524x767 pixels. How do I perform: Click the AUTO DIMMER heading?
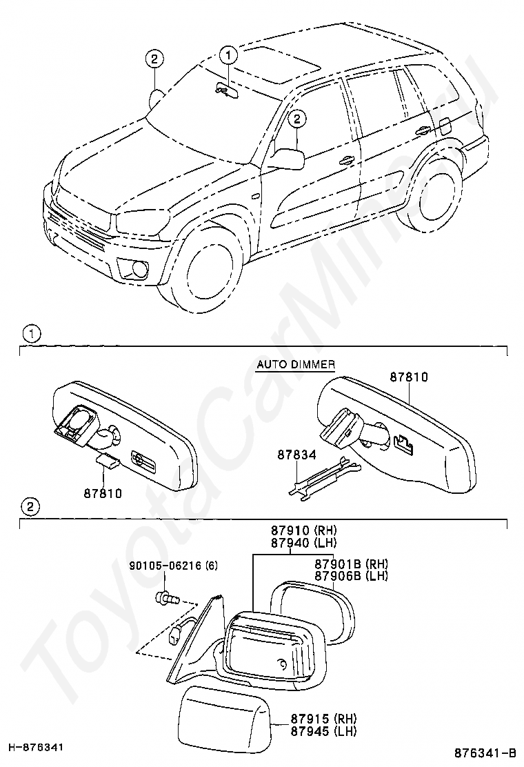click(x=296, y=364)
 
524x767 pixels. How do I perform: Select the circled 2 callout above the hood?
click(x=154, y=59)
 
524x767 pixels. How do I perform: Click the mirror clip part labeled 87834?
click(x=324, y=477)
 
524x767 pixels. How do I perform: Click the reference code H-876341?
click(x=37, y=747)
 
